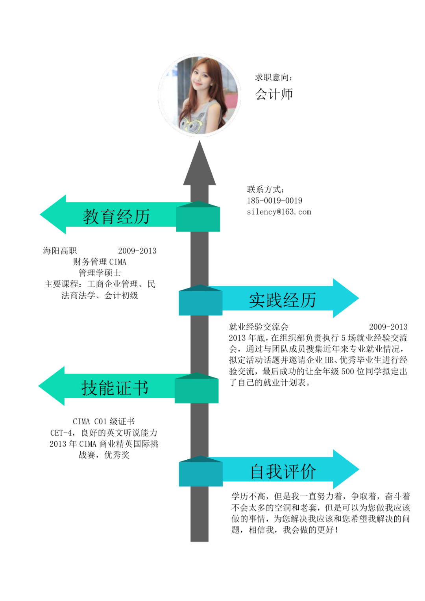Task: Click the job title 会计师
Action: pyautogui.click(x=274, y=94)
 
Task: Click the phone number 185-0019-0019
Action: pyautogui.click(x=274, y=200)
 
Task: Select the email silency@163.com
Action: pyautogui.click(x=279, y=212)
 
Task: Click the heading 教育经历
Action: pyautogui.click(x=116, y=216)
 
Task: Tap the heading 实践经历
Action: pyautogui.click(x=282, y=300)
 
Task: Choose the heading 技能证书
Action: pyautogui.click(x=115, y=388)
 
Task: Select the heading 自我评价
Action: pyautogui.click(x=283, y=472)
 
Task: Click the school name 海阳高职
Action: pyautogui.click(x=60, y=251)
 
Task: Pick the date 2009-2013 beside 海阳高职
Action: pyautogui.click(x=137, y=251)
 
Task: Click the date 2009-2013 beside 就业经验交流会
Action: pyautogui.click(x=388, y=327)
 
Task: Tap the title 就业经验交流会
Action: pyautogui.click(x=259, y=327)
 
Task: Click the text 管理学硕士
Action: pyautogui.click(x=100, y=273)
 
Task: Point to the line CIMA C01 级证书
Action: pyautogui.click(x=103, y=422)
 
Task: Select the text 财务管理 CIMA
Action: pyautogui.click(x=100, y=262)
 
